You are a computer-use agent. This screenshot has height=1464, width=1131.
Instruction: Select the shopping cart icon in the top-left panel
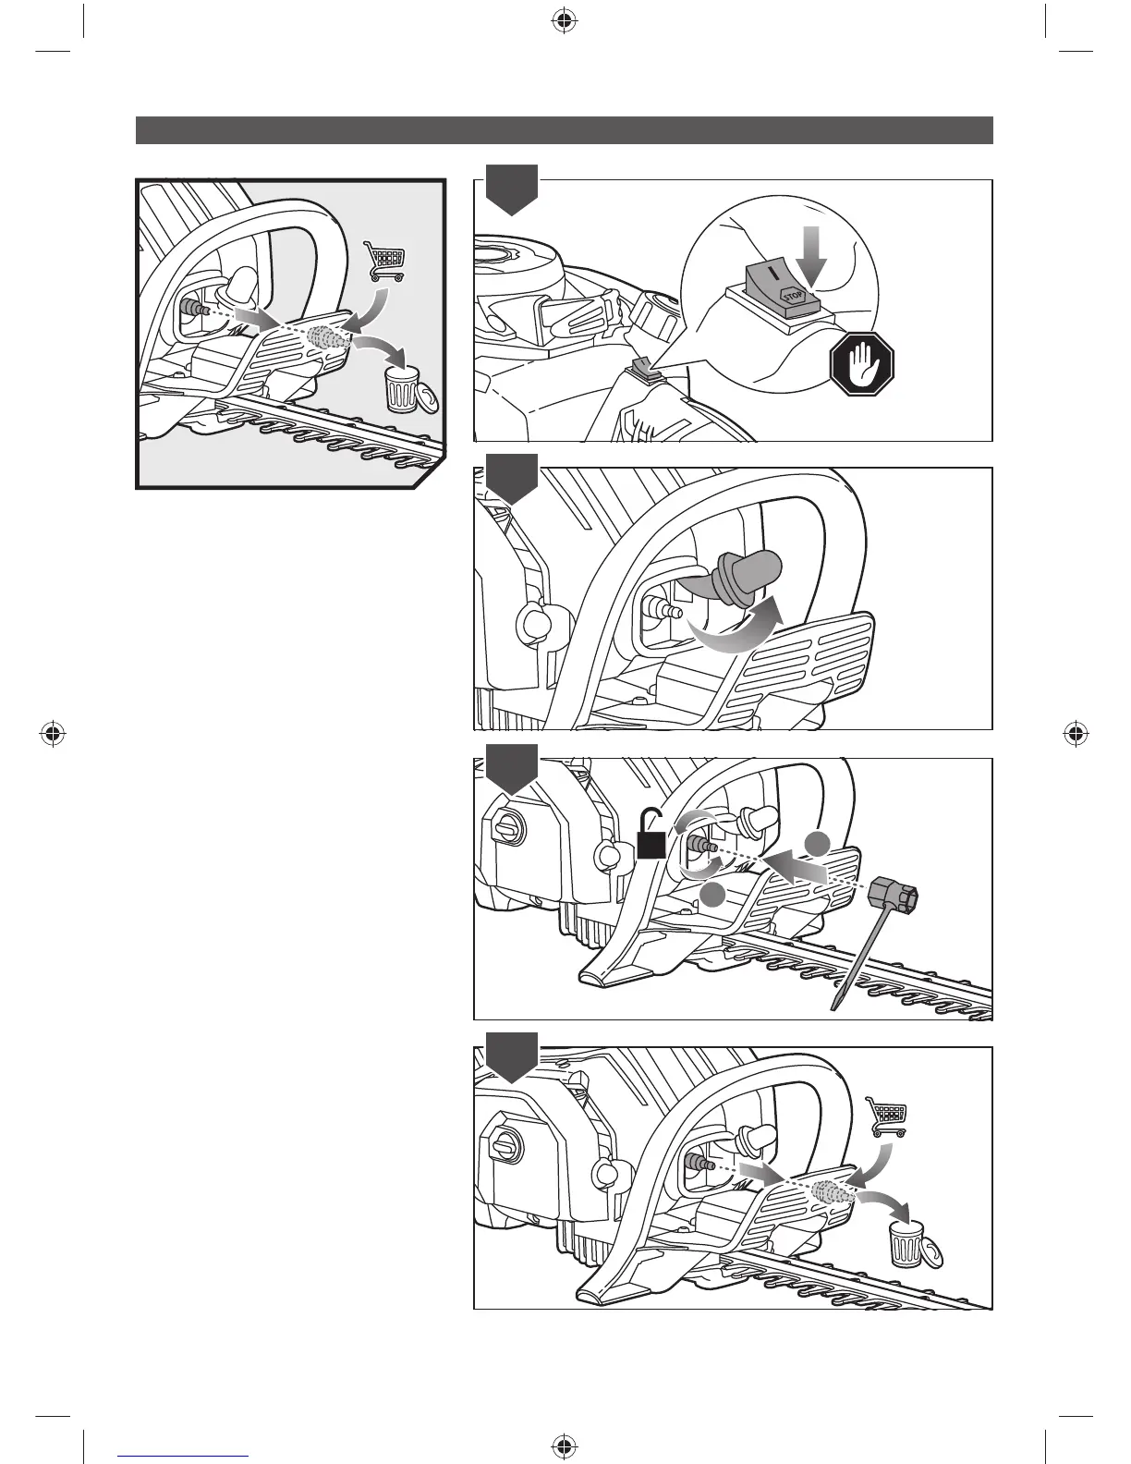pos(383,261)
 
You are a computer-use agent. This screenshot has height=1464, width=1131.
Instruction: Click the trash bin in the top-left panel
pos(403,388)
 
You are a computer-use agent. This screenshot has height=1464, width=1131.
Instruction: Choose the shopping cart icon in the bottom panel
pos(885,1116)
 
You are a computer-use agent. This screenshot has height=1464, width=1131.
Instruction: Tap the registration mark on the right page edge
pos(1074,735)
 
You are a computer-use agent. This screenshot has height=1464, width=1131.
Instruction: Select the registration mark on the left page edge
pos(54,735)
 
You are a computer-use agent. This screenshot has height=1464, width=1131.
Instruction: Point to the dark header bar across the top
pos(564,130)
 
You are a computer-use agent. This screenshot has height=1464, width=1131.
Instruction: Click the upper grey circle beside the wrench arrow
pos(817,843)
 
